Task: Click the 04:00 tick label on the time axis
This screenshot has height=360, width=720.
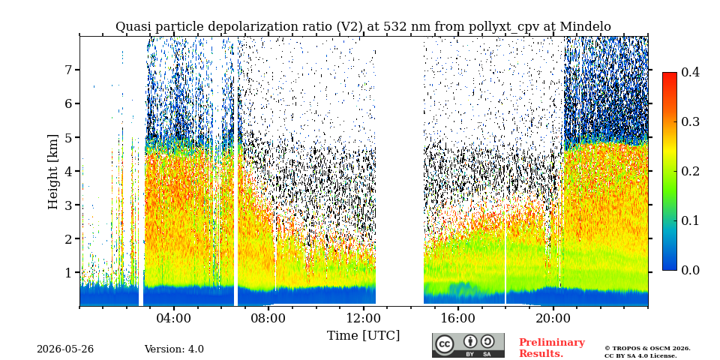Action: [x=174, y=318]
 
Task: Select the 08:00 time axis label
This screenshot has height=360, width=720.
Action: [x=269, y=318]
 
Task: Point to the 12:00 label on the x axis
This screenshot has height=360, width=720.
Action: [x=364, y=318]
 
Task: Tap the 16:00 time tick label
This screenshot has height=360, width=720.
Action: [x=458, y=318]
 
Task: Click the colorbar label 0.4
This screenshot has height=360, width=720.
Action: [x=690, y=72]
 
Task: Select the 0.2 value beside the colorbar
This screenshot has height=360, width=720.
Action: [x=690, y=171]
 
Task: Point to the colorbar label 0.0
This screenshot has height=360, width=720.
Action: [x=690, y=270]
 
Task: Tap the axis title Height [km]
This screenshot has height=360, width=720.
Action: [x=53, y=172]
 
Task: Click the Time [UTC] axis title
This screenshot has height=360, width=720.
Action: [x=363, y=336]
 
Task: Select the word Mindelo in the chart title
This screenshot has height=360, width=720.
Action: [x=586, y=27]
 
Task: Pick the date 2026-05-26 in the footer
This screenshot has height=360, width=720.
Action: [x=65, y=349]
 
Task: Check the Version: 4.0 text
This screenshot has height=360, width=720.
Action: [x=174, y=349]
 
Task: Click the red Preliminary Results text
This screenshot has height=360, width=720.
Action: [x=552, y=348]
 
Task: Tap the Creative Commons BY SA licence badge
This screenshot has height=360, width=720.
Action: [x=468, y=345]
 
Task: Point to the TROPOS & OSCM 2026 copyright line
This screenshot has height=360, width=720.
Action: [x=647, y=349]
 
